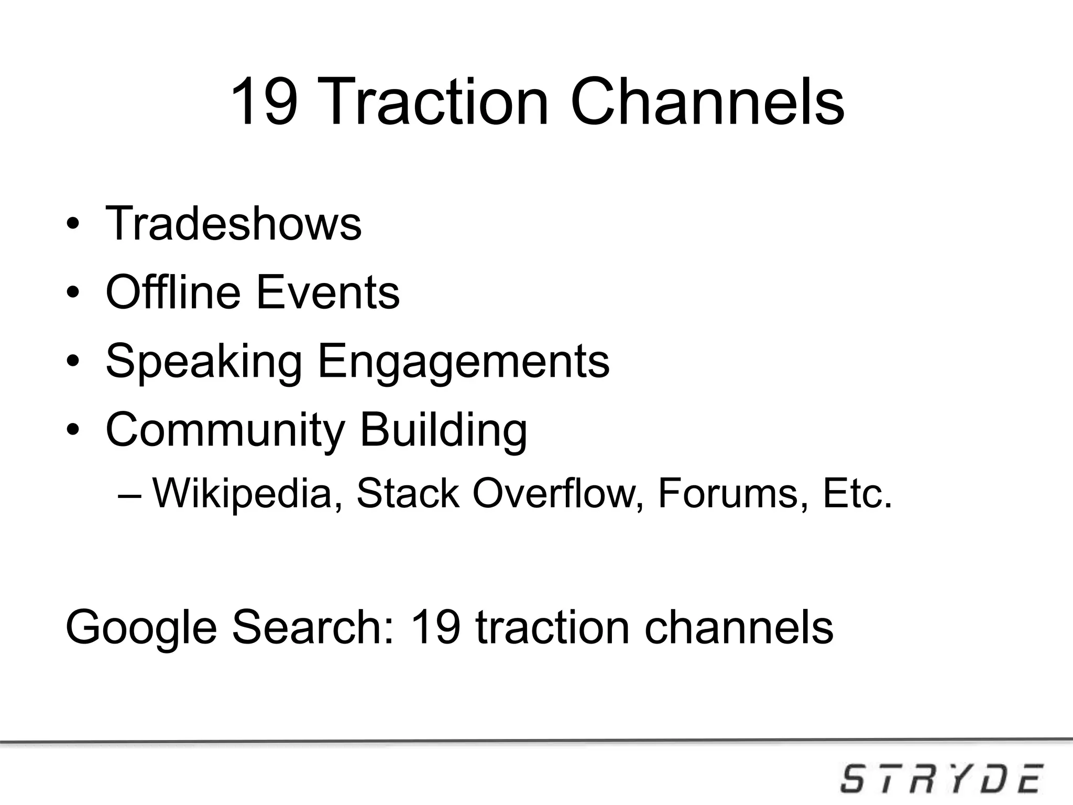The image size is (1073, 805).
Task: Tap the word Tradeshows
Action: [x=233, y=224]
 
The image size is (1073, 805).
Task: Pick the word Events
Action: [x=327, y=292]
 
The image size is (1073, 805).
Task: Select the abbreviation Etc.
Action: [x=857, y=493]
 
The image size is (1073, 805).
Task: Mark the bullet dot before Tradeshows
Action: [x=73, y=225]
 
